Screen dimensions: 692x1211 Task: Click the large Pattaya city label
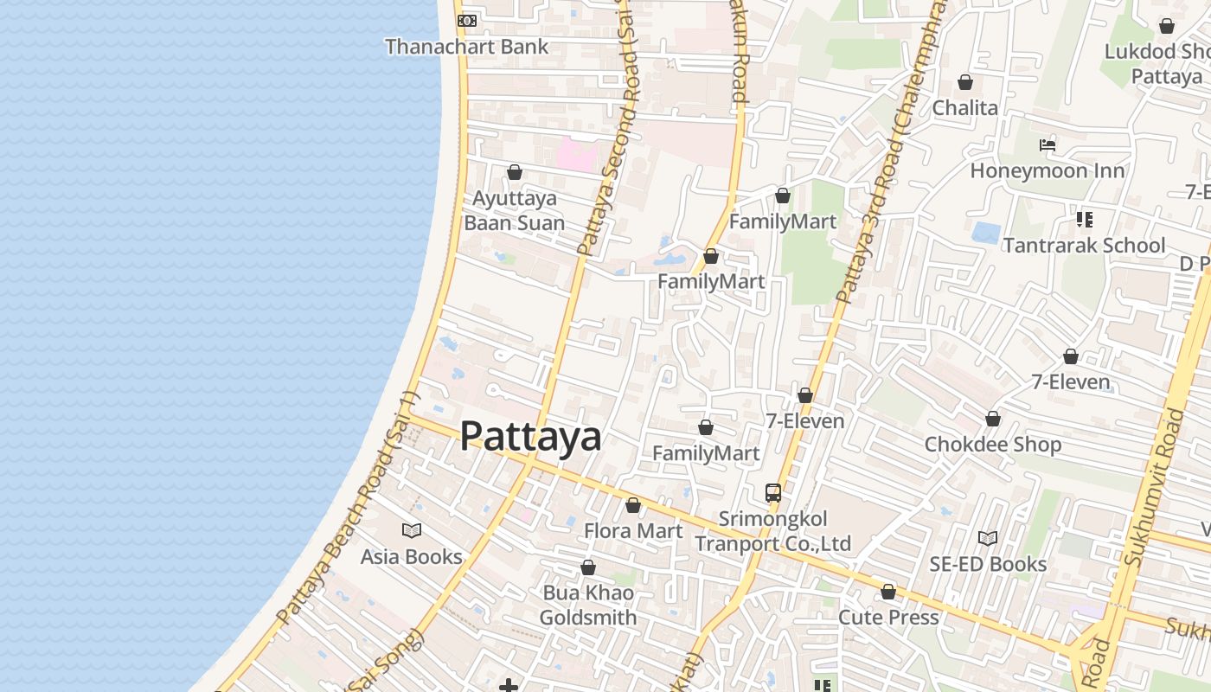(530, 436)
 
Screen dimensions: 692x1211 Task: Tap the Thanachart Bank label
(466, 47)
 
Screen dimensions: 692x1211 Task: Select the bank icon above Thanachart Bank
(466, 20)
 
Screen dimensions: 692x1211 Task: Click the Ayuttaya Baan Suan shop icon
(515, 172)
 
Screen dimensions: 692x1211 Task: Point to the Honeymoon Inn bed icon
(1048, 144)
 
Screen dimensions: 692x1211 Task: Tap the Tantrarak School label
(1084, 246)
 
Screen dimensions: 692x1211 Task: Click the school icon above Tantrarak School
(1084, 220)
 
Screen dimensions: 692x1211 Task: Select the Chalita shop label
(964, 108)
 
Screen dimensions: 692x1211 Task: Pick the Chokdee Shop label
(992, 445)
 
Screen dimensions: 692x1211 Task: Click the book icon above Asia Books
(412, 530)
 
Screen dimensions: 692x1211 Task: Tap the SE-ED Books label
(988, 565)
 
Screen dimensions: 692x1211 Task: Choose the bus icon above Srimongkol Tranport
(773, 493)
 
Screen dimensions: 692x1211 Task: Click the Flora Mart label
(633, 531)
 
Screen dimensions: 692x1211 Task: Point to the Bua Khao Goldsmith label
(588, 605)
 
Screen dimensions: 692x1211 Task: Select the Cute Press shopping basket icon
(888, 592)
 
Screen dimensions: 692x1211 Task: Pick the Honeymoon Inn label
(1047, 171)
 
